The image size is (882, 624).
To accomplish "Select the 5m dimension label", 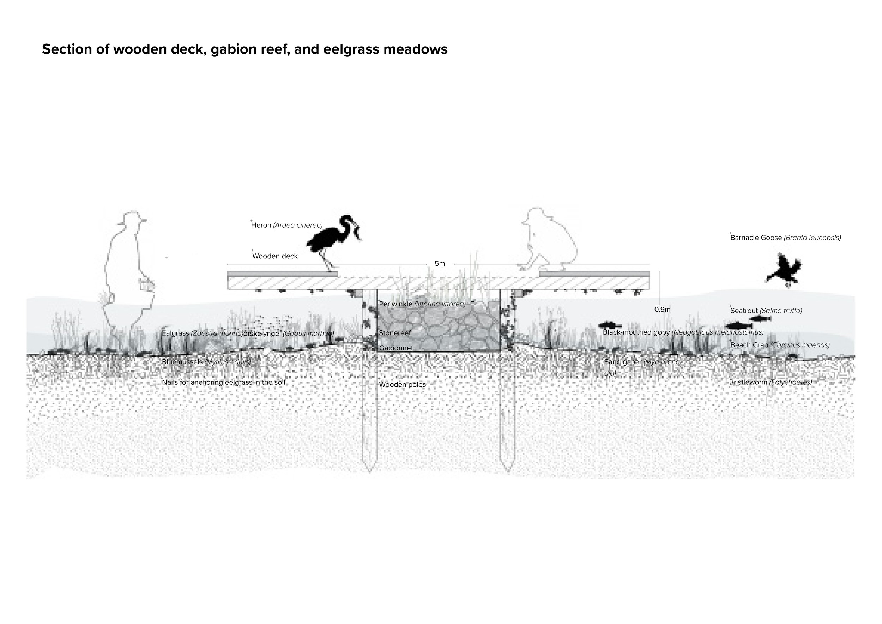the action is (440, 264).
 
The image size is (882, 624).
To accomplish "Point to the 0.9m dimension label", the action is (662, 309).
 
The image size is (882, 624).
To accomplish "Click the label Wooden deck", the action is (275, 256).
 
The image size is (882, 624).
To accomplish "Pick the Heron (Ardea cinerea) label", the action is (286, 225).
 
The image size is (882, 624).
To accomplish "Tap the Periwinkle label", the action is (422, 304).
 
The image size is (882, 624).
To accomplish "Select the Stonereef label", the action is (394, 333).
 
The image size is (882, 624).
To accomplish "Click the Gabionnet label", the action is (396, 348).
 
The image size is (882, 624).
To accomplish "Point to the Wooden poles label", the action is (402, 385).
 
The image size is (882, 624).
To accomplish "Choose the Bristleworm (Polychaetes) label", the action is (770, 382).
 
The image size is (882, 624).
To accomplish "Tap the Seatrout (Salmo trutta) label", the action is (766, 311).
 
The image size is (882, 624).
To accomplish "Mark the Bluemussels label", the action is (206, 362).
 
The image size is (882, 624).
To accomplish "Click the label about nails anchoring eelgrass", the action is (223, 382).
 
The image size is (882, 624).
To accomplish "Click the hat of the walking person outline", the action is (133, 218).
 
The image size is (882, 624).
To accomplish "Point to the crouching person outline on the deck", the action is (549, 242).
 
